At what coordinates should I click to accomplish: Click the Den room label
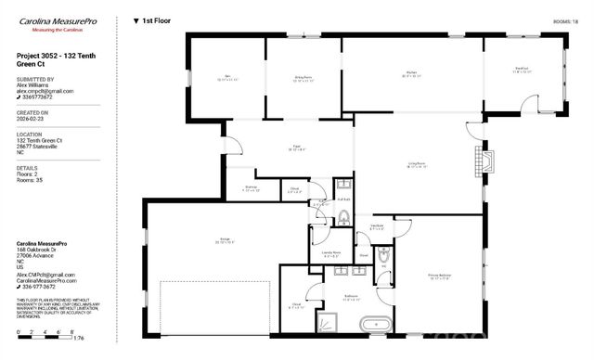click(227, 78)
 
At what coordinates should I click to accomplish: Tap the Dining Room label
click(303, 80)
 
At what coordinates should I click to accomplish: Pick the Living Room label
click(417, 165)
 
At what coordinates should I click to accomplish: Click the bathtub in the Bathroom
click(374, 325)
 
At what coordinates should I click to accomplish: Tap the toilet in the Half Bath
click(343, 219)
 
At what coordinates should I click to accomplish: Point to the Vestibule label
click(378, 226)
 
